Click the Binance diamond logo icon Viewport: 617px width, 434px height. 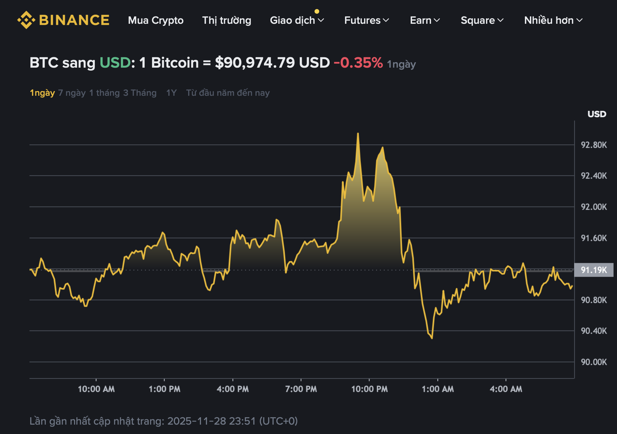pyautogui.click(x=26, y=20)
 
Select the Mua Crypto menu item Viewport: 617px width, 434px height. pyautogui.click(x=156, y=20)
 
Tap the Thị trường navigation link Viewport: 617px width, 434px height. pyautogui.click(x=227, y=20)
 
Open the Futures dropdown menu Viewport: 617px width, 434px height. pyautogui.click(x=366, y=20)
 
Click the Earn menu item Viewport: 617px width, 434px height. pyautogui.click(x=425, y=20)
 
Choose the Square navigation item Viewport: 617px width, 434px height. pyautogui.click(x=482, y=20)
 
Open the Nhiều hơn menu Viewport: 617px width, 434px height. pyautogui.click(x=553, y=20)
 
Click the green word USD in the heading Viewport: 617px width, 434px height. pyautogui.click(x=115, y=63)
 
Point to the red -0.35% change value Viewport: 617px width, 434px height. pyautogui.click(x=358, y=63)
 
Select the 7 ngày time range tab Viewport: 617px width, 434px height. pyautogui.click(x=72, y=93)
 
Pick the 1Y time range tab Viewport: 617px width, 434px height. pyautogui.click(x=171, y=93)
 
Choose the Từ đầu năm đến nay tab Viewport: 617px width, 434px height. pyautogui.click(x=228, y=93)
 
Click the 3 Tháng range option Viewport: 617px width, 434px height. pyautogui.click(x=140, y=93)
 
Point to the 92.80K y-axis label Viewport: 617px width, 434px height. pyautogui.click(x=594, y=145)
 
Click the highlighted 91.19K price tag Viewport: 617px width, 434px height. pyautogui.click(x=594, y=270)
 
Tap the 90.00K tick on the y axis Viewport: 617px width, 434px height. pyautogui.click(x=594, y=362)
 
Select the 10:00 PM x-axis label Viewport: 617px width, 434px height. pyautogui.click(x=369, y=389)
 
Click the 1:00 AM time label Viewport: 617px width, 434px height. pyautogui.click(x=438, y=389)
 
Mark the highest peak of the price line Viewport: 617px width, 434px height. pyautogui.click(x=358, y=134)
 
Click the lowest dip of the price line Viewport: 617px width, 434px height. pyautogui.click(x=432, y=338)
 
